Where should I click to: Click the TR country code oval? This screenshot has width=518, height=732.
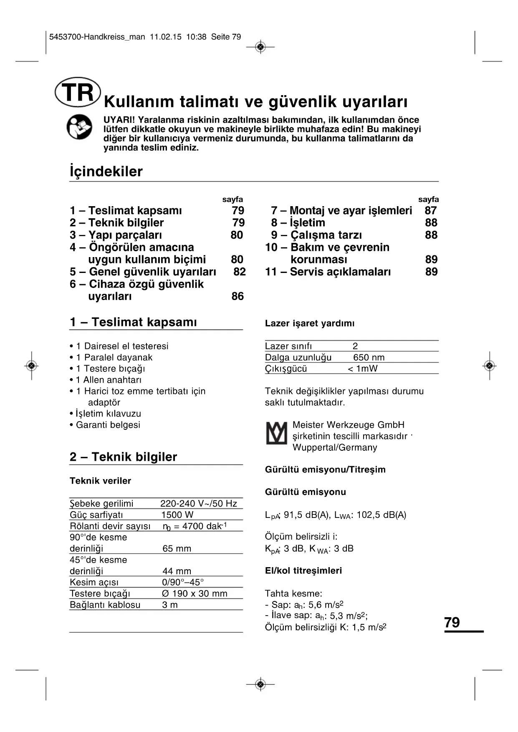click(x=78, y=92)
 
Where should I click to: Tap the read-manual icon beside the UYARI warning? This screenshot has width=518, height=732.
click(x=79, y=127)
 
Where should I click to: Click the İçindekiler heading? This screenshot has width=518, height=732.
click(x=106, y=172)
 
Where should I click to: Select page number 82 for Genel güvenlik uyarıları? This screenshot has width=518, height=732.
click(x=240, y=272)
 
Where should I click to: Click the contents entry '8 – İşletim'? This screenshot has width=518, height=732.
click(x=298, y=223)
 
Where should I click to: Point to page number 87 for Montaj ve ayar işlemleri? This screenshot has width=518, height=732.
click(x=430, y=211)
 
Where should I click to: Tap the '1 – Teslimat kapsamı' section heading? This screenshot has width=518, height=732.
click(x=133, y=322)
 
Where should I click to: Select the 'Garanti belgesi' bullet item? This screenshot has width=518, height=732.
click(x=108, y=425)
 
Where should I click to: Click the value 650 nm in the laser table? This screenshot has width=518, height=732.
click(x=369, y=357)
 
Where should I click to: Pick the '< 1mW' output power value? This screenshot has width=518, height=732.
click(x=362, y=369)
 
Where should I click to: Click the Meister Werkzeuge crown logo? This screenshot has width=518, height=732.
click(x=276, y=433)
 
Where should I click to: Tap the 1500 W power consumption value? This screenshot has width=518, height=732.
click(x=177, y=515)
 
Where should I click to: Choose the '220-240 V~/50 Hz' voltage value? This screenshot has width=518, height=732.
click(x=199, y=504)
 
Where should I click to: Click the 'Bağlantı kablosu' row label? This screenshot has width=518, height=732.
click(x=105, y=605)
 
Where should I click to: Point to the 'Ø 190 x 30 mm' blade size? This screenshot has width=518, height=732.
click(x=195, y=593)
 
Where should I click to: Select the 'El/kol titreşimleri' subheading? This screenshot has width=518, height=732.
click(x=303, y=570)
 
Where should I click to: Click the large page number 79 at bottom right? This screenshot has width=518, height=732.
click(x=452, y=622)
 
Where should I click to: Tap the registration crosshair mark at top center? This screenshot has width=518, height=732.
click(x=260, y=47)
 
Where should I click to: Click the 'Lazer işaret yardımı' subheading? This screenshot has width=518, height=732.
click(x=310, y=323)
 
